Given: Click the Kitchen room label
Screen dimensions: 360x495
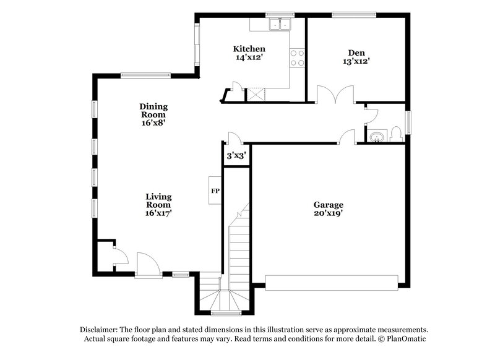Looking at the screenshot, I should (x=249, y=49).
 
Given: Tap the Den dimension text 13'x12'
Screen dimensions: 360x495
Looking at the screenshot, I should (x=356, y=61).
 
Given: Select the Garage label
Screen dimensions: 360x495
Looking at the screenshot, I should (x=328, y=205).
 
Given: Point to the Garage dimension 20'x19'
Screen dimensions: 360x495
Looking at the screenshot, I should (x=328, y=213).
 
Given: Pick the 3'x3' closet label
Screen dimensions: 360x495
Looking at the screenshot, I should (x=236, y=156).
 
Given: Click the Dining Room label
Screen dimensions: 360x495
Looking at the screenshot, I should (x=153, y=110).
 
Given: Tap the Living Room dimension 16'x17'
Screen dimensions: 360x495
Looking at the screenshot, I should (x=158, y=213).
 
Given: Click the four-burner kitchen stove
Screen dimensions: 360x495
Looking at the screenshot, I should (x=298, y=58).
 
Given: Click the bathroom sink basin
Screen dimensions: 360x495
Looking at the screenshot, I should (x=376, y=135).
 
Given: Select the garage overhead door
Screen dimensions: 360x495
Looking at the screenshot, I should (x=332, y=283).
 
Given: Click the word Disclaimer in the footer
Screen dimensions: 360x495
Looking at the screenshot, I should (x=100, y=330).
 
